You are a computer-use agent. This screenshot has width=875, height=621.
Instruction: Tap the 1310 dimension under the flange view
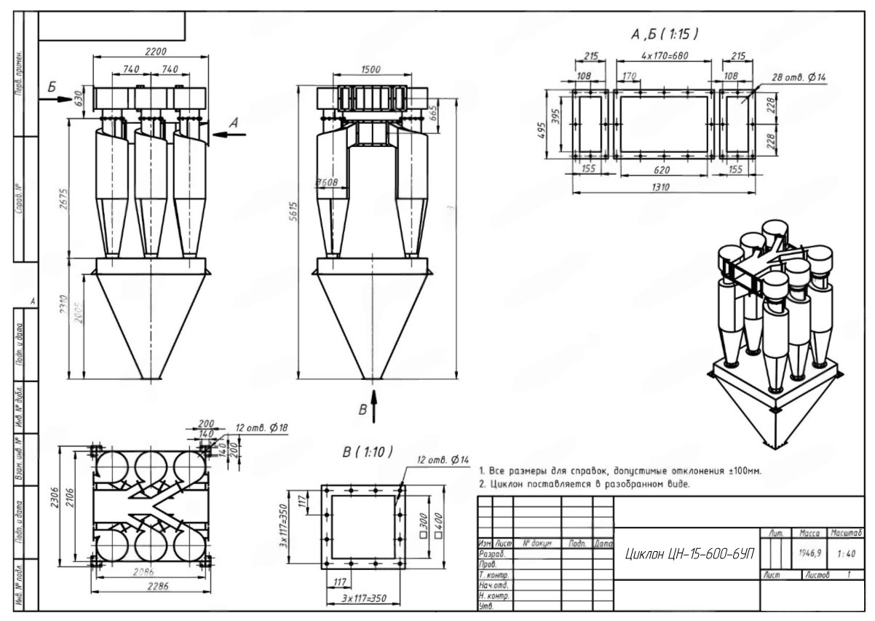pyautogui.click(x=661, y=188)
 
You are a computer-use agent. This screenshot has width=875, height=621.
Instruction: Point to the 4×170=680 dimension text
pyautogui.click(x=665, y=55)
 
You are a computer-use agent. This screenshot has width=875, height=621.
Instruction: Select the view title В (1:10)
pyautogui.click(x=367, y=452)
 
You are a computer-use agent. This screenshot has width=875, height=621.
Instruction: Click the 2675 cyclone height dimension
pyautogui.click(x=65, y=197)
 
